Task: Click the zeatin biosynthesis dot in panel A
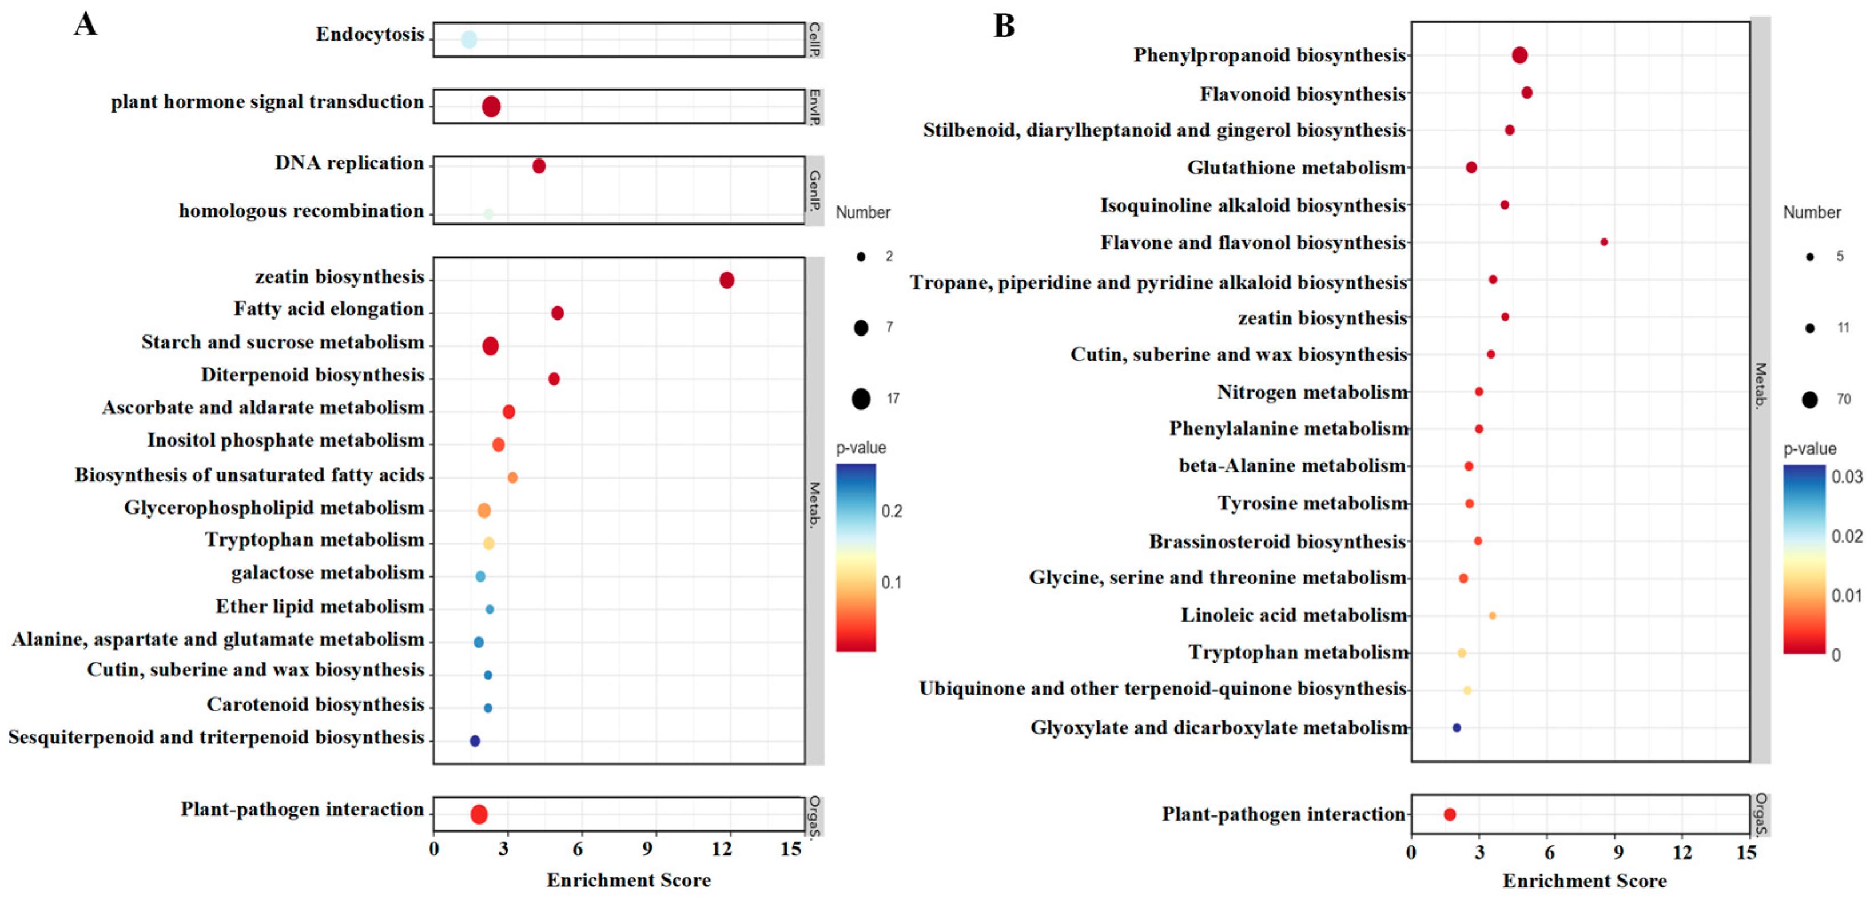click(x=727, y=280)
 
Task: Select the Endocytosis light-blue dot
click(x=469, y=40)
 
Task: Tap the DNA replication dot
click(x=539, y=166)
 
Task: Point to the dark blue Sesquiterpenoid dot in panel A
click(x=475, y=741)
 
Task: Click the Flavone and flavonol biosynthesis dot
click(x=1604, y=242)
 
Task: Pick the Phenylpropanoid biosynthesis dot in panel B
click(x=1519, y=55)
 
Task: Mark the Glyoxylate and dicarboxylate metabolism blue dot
click(x=1456, y=728)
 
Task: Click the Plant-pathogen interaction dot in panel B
click(x=1450, y=814)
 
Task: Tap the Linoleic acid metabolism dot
click(x=1492, y=615)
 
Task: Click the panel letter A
click(x=86, y=25)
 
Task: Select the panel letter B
click(x=1004, y=26)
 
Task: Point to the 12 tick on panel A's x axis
click(x=722, y=849)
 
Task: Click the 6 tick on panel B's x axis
click(x=1549, y=852)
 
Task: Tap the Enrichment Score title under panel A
click(x=628, y=881)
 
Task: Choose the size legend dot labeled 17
click(x=861, y=399)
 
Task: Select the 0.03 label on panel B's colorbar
click(x=1846, y=477)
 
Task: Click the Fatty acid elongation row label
click(x=328, y=309)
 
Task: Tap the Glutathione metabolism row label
click(x=1296, y=168)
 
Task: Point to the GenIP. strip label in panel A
click(x=814, y=190)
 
